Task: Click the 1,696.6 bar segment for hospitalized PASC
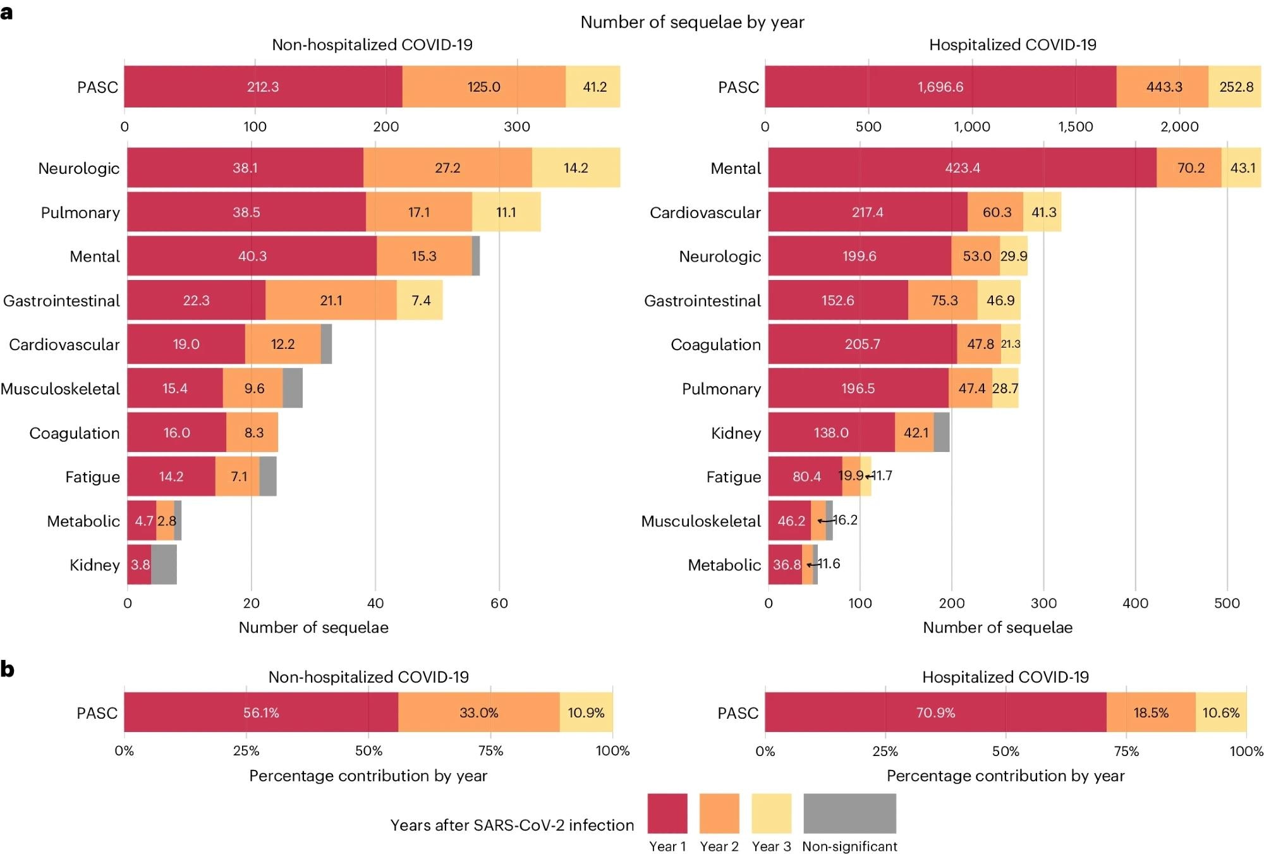[x=940, y=87]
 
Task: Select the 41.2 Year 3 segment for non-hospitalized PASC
[x=593, y=87]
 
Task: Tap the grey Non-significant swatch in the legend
[x=849, y=814]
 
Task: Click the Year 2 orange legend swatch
[x=719, y=814]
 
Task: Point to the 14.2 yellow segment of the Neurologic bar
[x=576, y=168]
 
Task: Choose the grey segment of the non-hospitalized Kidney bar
[x=164, y=564]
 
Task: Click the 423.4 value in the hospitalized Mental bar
[x=963, y=168]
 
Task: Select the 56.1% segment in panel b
[x=261, y=712]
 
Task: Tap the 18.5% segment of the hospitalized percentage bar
[x=1151, y=712]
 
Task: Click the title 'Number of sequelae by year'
[x=692, y=22]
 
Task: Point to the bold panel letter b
[x=8, y=669]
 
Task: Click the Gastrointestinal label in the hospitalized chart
[x=702, y=300]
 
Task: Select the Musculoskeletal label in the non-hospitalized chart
[x=60, y=388]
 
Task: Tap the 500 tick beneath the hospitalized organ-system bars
[x=1227, y=603]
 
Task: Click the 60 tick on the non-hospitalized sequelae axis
[x=499, y=603]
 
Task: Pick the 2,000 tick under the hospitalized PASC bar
[x=1179, y=126]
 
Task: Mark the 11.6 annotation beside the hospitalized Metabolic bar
[x=829, y=564]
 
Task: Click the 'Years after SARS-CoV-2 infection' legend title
[x=512, y=825]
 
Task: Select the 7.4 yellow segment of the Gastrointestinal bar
[x=420, y=300]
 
